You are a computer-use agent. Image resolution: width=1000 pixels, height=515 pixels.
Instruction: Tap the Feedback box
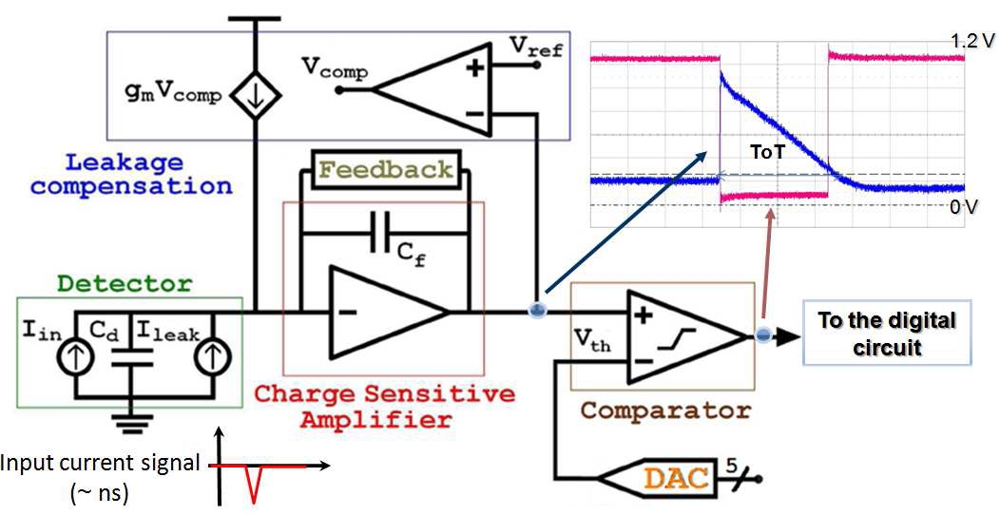coord(387,169)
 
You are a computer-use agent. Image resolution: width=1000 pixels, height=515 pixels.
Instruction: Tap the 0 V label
coord(963,207)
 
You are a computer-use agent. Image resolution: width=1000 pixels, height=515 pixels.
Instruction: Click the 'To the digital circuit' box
coord(887,333)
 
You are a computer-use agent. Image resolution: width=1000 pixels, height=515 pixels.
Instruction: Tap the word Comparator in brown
coord(665,411)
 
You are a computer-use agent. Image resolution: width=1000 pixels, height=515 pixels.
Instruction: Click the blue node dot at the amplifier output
coord(537,311)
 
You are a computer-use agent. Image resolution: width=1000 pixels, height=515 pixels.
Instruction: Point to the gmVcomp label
coord(173,96)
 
